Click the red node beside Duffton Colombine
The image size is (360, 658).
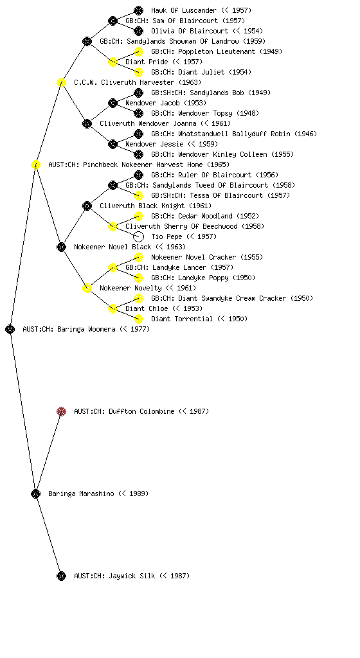[x=61, y=411]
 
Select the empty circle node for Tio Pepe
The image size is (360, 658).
[x=138, y=236]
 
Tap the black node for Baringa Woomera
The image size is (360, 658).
[x=10, y=329]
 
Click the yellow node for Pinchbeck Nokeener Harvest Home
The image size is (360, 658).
[x=35, y=164]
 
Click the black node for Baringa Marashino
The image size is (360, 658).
[x=35, y=493]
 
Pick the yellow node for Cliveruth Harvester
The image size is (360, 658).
[x=61, y=82]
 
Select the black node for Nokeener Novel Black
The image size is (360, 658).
[x=61, y=247]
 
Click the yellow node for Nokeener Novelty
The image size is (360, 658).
[x=87, y=288]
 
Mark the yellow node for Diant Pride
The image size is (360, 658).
[x=113, y=62]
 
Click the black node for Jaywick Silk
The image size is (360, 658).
[x=61, y=576]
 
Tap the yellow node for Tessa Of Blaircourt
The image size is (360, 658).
[x=138, y=195]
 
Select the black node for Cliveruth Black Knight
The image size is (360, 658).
[x=87, y=206]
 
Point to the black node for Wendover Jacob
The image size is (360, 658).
[x=113, y=103]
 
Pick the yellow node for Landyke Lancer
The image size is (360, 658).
[x=113, y=267]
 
